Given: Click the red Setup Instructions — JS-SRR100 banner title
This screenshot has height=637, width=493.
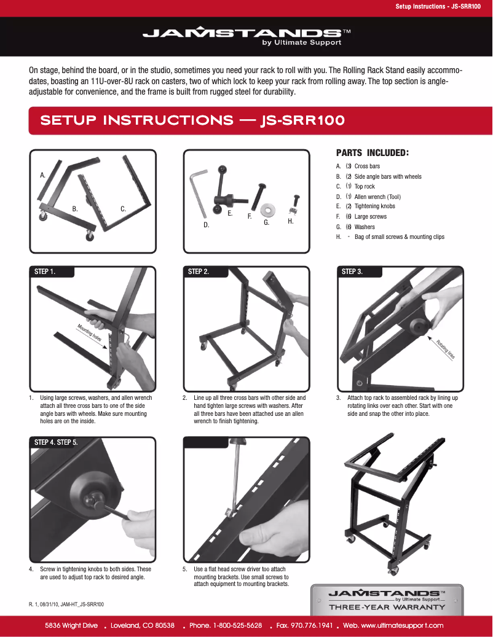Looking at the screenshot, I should tap(192, 120).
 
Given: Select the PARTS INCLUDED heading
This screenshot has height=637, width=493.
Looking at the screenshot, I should tap(373, 153).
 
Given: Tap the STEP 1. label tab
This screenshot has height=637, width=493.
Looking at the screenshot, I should tap(45, 272).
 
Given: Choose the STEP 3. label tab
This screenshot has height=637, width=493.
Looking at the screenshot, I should tap(352, 272).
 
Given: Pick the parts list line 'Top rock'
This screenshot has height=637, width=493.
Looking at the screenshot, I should tap(364, 187).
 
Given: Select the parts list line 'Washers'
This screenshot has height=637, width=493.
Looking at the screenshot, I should tap(364, 227).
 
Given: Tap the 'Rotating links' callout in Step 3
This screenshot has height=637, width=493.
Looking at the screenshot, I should tap(446, 350).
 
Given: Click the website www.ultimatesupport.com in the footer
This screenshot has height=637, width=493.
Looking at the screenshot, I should tap(402, 625).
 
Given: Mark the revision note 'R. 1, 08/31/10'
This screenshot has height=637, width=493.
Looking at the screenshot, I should tap(66, 605).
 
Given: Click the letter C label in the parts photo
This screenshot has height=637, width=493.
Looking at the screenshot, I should tap(123, 209).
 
